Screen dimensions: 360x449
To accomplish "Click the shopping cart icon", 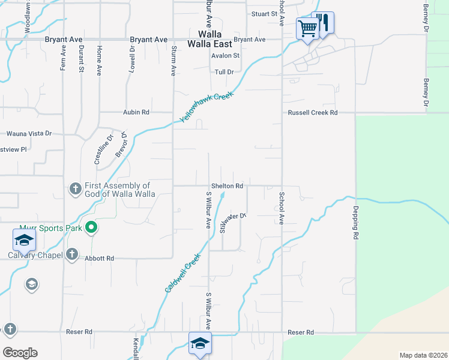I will click(307, 28).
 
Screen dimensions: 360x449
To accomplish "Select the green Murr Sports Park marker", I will click(91, 227).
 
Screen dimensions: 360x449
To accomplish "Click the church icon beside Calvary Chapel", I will click(71, 254).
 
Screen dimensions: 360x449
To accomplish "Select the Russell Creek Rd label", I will click(313, 112).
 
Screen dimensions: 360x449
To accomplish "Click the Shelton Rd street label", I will click(226, 186).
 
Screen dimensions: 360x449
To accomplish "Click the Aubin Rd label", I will click(136, 112).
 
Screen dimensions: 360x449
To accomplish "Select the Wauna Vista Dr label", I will click(29, 134).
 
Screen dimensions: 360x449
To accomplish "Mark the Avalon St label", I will click(225, 56).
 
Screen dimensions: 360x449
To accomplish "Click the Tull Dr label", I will click(223, 72).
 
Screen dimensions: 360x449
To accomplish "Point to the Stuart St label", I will click(264, 13).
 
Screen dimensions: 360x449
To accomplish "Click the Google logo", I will click(20, 352).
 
